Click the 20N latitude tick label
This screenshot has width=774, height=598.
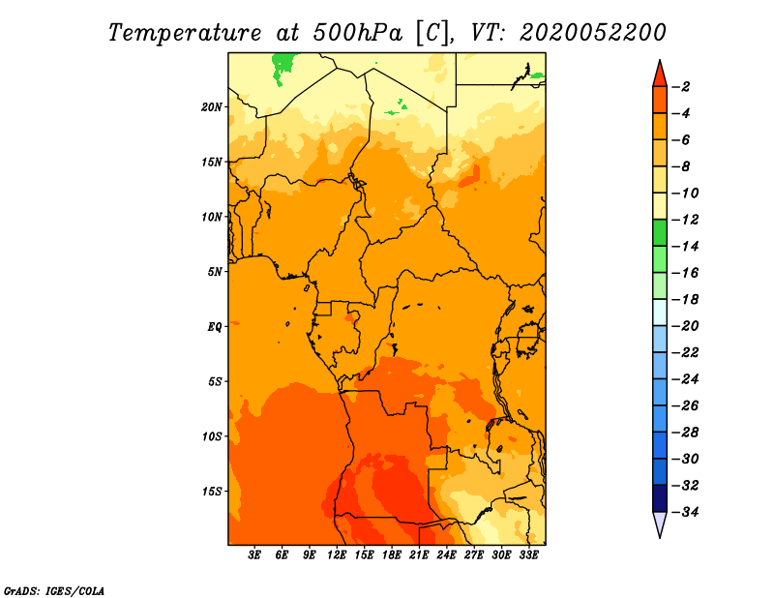pos(212,106)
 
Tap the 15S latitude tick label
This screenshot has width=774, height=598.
pos(212,491)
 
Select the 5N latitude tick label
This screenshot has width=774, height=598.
pos(214,271)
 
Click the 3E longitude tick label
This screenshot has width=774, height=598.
pos(255,555)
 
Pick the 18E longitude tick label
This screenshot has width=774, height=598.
pos(392,555)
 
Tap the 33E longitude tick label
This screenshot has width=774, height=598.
pos(528,555)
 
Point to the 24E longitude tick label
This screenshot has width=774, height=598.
pos(446,555)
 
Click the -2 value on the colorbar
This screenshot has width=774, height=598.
pos(684,87)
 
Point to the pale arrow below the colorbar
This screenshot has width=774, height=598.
pos(660,525)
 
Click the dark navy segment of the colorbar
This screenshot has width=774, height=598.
pos(660,497)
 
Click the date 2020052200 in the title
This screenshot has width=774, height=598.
pos(593,32)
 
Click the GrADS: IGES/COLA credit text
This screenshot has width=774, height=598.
pos(53,589)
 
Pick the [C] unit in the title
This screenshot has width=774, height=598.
pos(432,32)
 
